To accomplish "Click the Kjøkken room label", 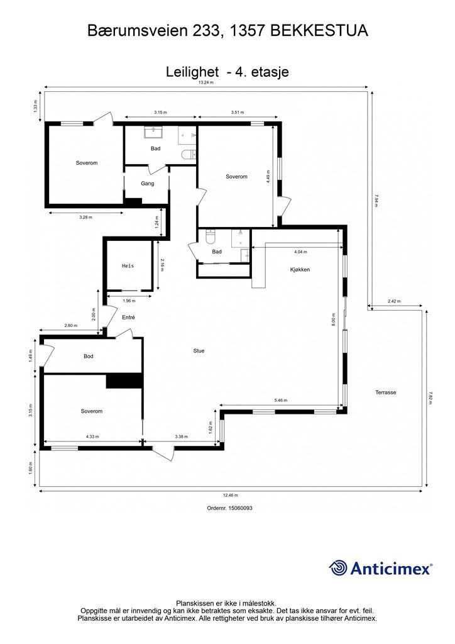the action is [x=300, y=270].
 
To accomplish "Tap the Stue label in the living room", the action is [x=199, y=351].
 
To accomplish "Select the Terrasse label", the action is [x=386, y=392].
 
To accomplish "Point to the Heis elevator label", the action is [x=128, y=266].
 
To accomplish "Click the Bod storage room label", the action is [x=89, y=356].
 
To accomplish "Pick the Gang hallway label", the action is [x=147, y=184].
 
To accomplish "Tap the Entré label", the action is [x=128, y=317].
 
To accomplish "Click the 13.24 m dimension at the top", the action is [x=206, y=82].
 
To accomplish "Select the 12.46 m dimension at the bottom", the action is [x=231, y=495].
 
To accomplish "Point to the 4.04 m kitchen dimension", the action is [x=300, y=252].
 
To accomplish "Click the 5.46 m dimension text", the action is [x=281, y=400].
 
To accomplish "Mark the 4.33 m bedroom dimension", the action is [x=92, y=436].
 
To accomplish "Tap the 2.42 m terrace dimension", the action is [x=394, y=301].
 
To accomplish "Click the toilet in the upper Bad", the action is [x=189, y=155].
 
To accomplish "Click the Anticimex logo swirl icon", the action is [x=338, y=568].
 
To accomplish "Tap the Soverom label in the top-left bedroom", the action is [x=87, y=163].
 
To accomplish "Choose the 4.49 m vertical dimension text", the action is [x=268, y=177].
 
